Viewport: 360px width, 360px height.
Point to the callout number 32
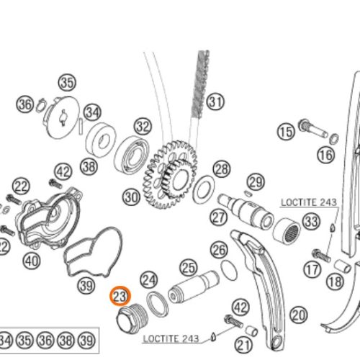coord(143,127)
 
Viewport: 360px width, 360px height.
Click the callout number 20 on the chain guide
coord(298,314)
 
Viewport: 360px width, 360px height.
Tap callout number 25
coord(188,269)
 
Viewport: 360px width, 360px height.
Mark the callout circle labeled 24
coord(149,278)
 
